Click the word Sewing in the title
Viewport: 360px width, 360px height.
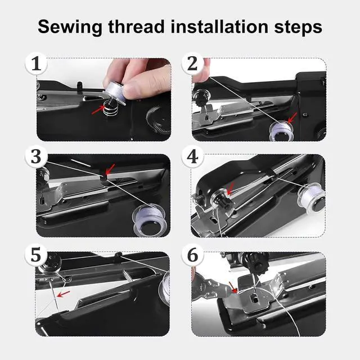[x=70, y=28]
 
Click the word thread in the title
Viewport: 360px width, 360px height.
[x=136, y=26]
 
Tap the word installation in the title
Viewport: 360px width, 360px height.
[x=219, y=26]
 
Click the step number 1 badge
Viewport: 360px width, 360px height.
[x=36, y=64]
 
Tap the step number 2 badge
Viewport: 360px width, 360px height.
[x=192, y=64]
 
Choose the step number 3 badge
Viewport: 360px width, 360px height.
[x=36, y=157]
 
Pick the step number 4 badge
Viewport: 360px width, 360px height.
[x=192, y=157]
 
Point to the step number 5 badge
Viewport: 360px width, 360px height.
[x=36, y=255]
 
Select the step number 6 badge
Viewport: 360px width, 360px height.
[x=192, y=255]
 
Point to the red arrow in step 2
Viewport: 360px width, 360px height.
[x=292, y=118]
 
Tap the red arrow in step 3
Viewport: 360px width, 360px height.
[x=110, y=169]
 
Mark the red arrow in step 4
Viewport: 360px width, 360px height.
[x=230, y=189]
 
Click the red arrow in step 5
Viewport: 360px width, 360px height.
[x=64, y=294]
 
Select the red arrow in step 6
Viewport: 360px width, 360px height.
[x=233, y=287]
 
